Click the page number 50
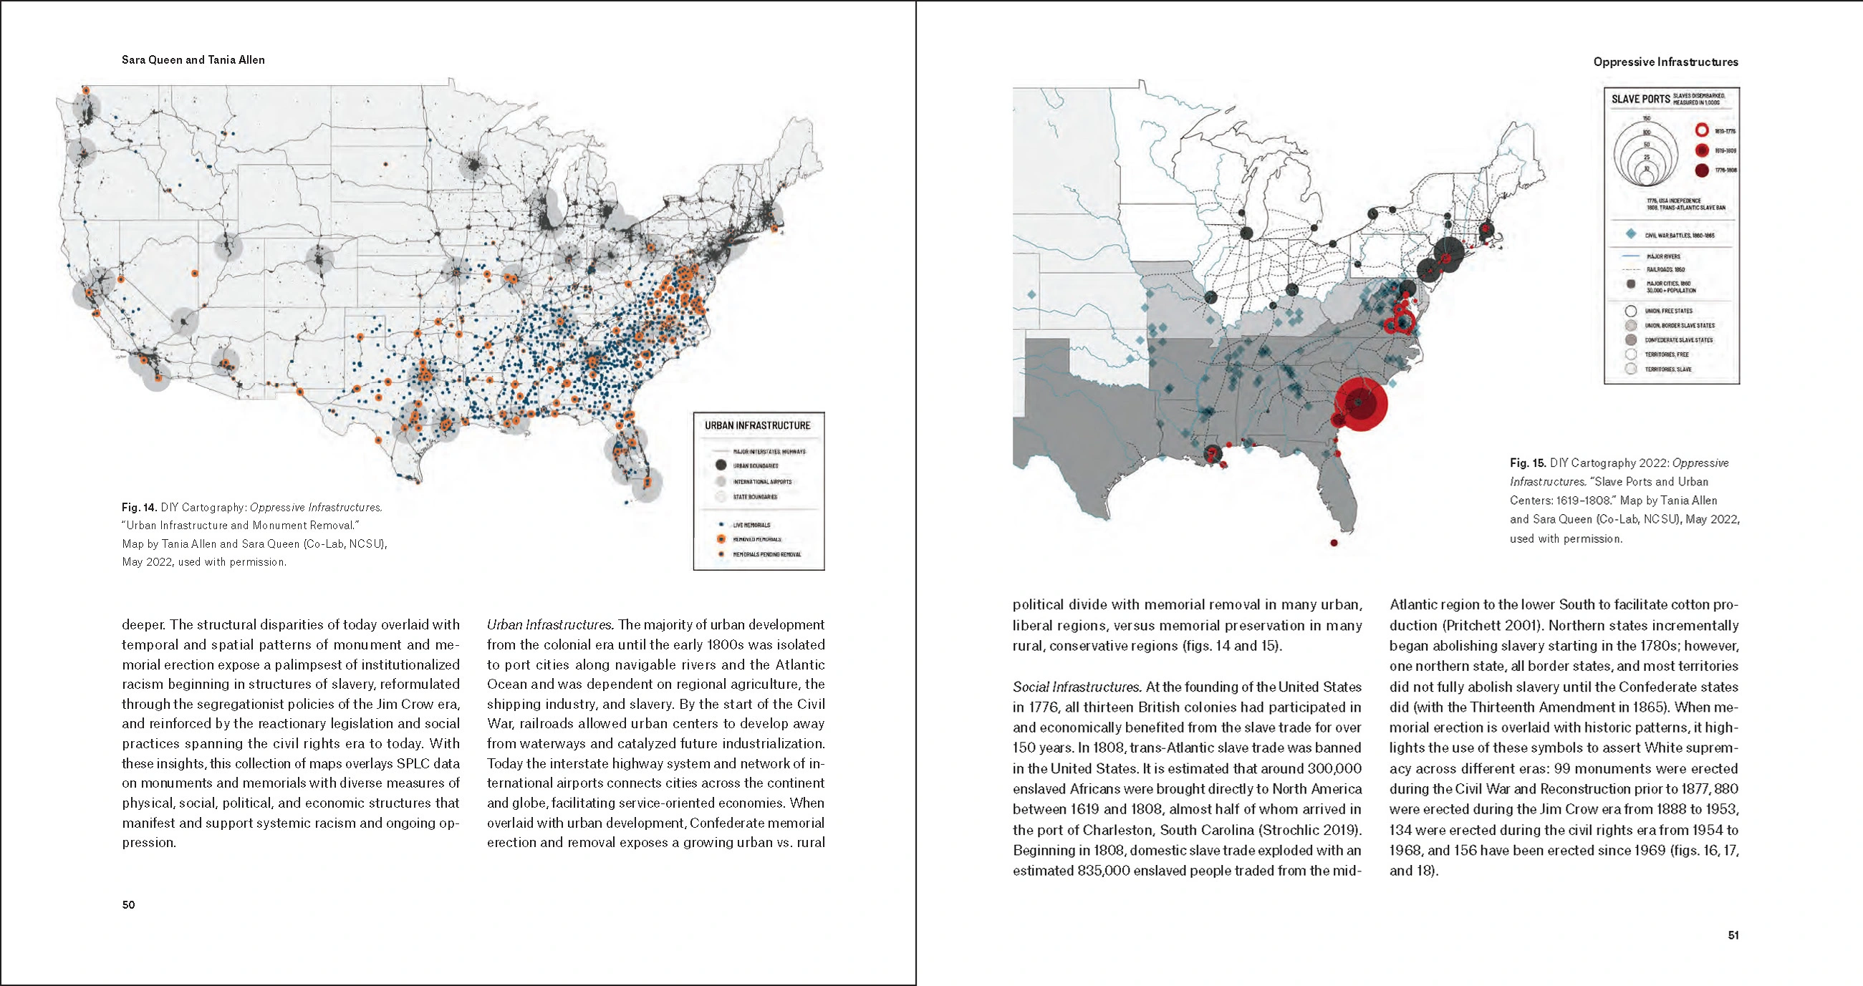(128, 904)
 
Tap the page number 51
(1733, 934)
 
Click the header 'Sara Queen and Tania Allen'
(193, 60)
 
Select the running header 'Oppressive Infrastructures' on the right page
(1665, 62)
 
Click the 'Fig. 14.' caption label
(140, 508)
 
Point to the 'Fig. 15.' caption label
(1527, 463)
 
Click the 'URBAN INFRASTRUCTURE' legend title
(757, 426)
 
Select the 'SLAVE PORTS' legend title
(1640, 99)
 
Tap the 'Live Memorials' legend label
(751, 525)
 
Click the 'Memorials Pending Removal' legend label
(766, 554)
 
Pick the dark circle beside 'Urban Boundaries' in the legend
(721, 465)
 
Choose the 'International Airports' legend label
(762, 481)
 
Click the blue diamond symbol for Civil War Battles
(1631, 234)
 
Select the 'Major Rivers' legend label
(1663, 256)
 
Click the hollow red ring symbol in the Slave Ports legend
(1702, 131)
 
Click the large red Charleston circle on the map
(1360, 403)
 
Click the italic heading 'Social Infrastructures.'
(1076, 687)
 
